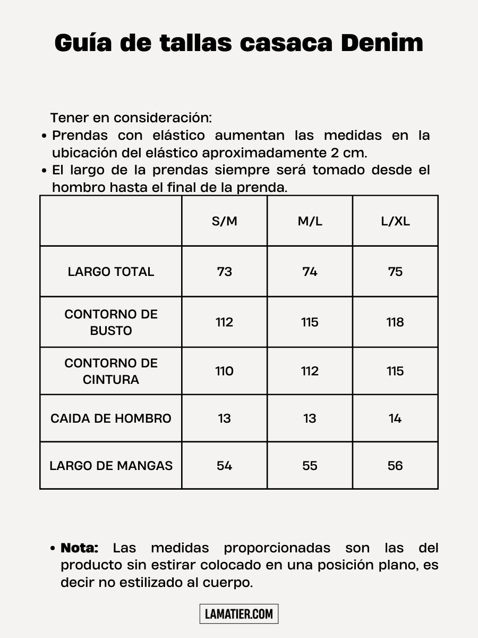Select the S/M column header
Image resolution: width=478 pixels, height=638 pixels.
click(x=225, y=221)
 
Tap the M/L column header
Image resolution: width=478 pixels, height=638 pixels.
click(x=310, y=221)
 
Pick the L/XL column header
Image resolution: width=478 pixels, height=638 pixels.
click(x=395, y=221)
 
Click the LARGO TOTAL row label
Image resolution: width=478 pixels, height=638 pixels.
click(x=111, y=272)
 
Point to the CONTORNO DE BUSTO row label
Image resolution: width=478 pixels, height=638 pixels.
click(x=111, y=322)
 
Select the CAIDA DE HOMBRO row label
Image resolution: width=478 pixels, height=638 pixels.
click(x=111, y=418)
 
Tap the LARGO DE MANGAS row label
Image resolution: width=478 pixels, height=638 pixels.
click(x=111, y=466)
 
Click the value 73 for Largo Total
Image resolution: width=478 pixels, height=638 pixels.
click(x=225, y=272)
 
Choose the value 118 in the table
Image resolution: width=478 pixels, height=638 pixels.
click(x=395, y=322)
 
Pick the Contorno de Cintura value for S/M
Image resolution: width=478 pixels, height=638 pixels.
click(x=225, y=371)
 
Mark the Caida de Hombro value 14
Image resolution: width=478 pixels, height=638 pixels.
click(x=395, y=418)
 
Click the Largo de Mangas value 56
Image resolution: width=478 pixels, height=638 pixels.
click(x=395, y=466)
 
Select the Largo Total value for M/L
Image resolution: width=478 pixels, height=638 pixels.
click(x=310, y=272)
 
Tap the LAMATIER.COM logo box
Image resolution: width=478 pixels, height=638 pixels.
click(x=239, y=614)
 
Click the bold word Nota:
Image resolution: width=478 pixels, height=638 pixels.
click(x=80, y=548)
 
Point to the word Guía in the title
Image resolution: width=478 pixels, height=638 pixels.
click(x=82, y=43)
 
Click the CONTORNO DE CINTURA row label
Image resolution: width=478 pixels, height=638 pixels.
click(x=111, y=371)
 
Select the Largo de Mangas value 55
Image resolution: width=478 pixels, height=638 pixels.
click(x=310, y=466)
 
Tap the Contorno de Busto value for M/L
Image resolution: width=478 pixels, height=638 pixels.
click(x=310, y=322)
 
